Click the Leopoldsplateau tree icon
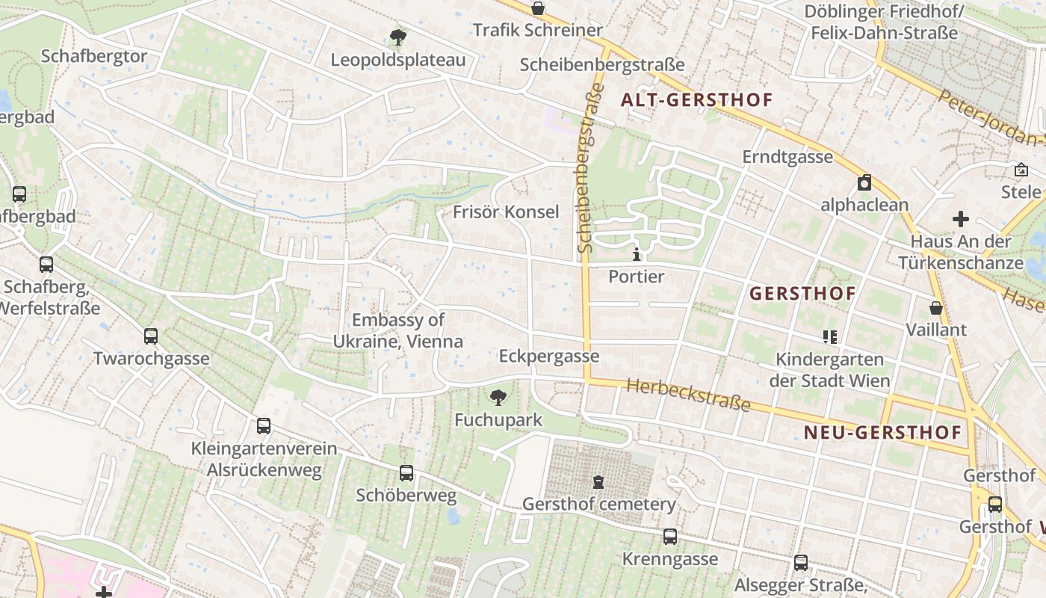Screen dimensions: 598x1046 click(398, 37)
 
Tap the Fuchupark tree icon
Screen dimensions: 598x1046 click(498, 398)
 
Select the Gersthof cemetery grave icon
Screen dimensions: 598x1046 click(598, 481)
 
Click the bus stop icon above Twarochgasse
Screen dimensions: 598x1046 click(151, 336)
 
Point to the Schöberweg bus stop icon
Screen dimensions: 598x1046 click(406, 472)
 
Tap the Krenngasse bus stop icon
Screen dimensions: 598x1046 click(670, 536)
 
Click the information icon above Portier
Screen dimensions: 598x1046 click(637, 254)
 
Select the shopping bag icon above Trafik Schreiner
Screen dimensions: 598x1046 click(537, 8)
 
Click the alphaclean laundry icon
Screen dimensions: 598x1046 click(864, 182)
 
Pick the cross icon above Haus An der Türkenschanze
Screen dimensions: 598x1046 click(961, 219)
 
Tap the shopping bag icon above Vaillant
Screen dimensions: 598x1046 click(935, 307)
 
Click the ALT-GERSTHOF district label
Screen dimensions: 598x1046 click(696, 99)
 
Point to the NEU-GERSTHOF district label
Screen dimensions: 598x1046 click(882, 432)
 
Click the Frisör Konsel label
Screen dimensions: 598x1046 click(506, 212)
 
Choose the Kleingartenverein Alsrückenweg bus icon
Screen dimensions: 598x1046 click(264, 426)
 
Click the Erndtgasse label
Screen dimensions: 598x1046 click(787, 157)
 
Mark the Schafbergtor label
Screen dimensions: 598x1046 click(94, 56)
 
